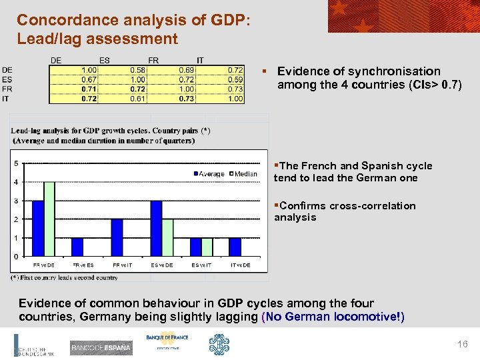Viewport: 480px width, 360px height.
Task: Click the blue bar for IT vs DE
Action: pyautogui.click(x=235, y=247)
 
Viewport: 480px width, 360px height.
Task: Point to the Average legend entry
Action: pyautogui.click(x=211, y=174)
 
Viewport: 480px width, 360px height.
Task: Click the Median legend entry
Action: pyautogui.click(x=243, y=174)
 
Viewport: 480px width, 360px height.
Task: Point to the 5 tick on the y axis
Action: pyautogui.click(x=15, y=163)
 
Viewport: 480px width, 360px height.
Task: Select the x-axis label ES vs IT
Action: pyautogui.click(x=201, y=265)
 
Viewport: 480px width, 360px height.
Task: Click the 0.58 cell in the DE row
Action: pyautogui.click(x=138, y=70)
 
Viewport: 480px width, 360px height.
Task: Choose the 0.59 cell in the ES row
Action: pyautogui.click(x=235, y=79)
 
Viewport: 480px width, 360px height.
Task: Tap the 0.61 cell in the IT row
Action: pyautogui.click(x=138, y=99)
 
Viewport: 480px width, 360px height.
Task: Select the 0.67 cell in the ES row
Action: pyautogui.click(x=89, y=79)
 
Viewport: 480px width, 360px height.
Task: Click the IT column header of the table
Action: pyautogui.click(x=200, y=61)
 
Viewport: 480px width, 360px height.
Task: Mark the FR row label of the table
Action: pyautogui.click(x=7, y=89)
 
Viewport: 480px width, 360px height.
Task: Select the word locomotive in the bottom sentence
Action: pyautogui.click(x=364, y=317)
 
